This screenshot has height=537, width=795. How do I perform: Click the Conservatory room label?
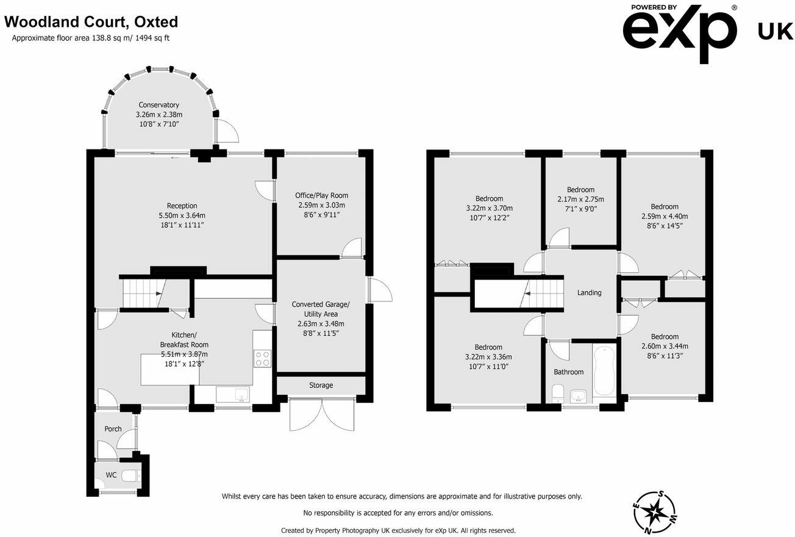[x=159, y=105]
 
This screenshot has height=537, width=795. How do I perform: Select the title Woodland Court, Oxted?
[x=91, y=22]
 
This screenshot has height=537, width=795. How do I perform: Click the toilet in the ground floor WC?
[x=130, y=476]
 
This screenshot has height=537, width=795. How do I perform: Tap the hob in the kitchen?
[x=262, y=358]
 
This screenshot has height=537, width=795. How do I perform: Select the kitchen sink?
[x=232, y=395]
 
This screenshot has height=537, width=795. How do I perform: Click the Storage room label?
[x=321, y=385]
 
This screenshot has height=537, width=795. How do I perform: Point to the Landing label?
[x=589, y=292]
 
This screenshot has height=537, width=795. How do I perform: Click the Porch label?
[x=113, y=429]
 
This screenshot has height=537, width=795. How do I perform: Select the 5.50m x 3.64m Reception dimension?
[x=182, y=215]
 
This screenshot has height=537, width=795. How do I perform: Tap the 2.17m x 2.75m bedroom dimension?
[x=580, y=199]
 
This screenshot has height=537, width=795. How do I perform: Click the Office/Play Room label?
[x=321, y=195]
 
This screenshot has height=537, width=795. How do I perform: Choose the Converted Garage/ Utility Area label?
[x=321, y=309]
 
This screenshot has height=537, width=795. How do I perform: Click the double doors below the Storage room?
[x=321, y=415]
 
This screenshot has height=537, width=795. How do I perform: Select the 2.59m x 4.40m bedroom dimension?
[x=664, y=216]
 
